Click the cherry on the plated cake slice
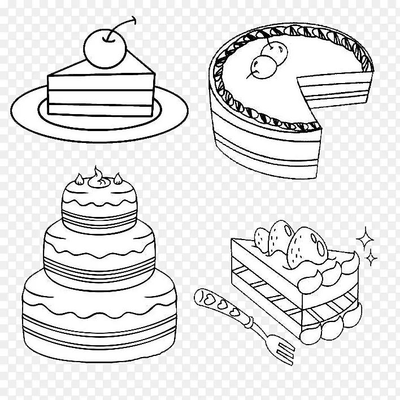[105, 49]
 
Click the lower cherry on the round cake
[263, 67]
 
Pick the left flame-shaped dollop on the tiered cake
[79, 179]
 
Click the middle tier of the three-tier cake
[99, 258]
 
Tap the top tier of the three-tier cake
[99, 207]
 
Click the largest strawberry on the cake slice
[307, 248]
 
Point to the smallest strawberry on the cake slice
[262, 240]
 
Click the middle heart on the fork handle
[221, 304]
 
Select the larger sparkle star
[365, 239]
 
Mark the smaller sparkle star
[371, 258]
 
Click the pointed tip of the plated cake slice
[154, 73]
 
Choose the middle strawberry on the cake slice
[280, 238]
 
